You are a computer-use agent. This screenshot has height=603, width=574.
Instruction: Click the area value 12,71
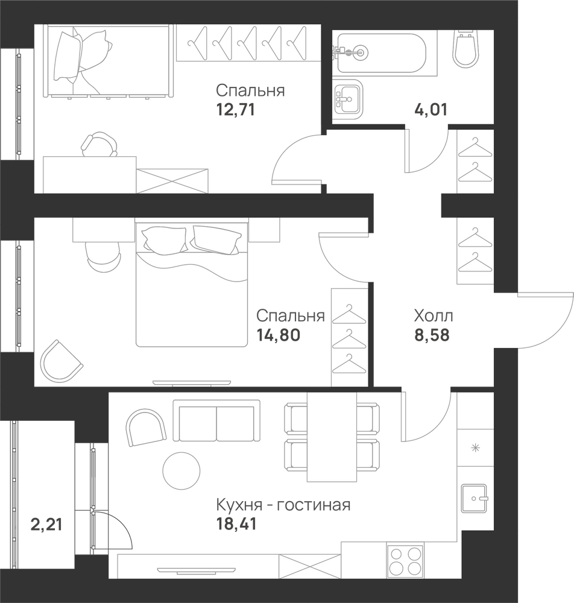[236, 110]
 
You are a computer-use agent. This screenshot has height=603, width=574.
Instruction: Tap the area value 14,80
[279, 335]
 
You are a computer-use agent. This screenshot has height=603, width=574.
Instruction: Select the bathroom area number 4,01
[430, 110]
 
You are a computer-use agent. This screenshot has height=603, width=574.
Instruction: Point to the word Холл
[434, 316]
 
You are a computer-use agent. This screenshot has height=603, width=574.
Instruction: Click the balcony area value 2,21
[46, 524]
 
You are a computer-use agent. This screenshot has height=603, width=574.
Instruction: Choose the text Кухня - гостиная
[283, 505]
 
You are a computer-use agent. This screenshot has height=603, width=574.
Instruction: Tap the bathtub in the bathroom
[382, 52]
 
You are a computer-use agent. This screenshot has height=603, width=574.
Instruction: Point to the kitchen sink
[475, 499]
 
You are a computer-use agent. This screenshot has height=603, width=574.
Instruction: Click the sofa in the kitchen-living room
[216, 420]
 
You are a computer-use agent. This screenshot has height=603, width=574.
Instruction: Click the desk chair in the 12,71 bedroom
[99, 144]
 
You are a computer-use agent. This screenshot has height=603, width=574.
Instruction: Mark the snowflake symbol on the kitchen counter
[476, 447]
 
